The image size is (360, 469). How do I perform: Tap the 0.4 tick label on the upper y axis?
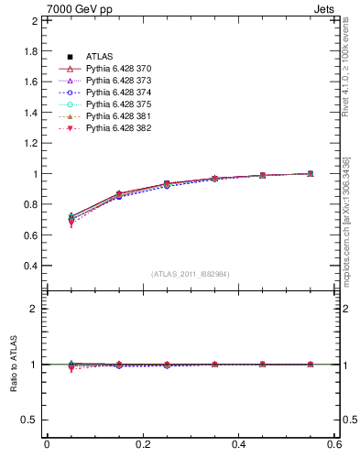tap(30, 266)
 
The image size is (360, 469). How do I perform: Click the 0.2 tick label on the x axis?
tap(142, 444)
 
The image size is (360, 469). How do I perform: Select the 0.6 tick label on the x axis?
tap(334, 444)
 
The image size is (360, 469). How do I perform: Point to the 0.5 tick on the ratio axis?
tap(30, 420)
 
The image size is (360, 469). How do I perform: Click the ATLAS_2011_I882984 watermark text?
tap(191, 274)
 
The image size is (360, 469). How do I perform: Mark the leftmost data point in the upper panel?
tap(71, 218)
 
